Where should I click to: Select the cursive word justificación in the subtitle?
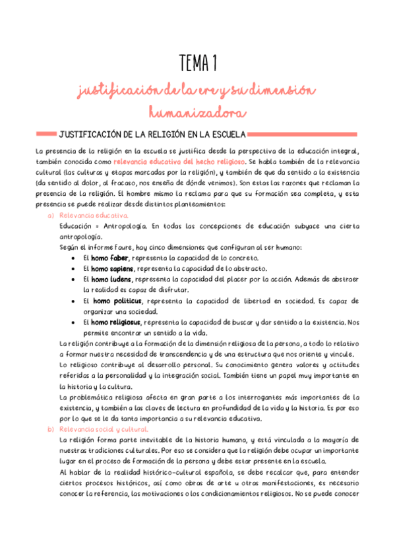click(x=117, y=90)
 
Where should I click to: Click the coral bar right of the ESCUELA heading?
click(x=303, y=134)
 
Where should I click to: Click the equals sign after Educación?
click(x=96, y=226)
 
